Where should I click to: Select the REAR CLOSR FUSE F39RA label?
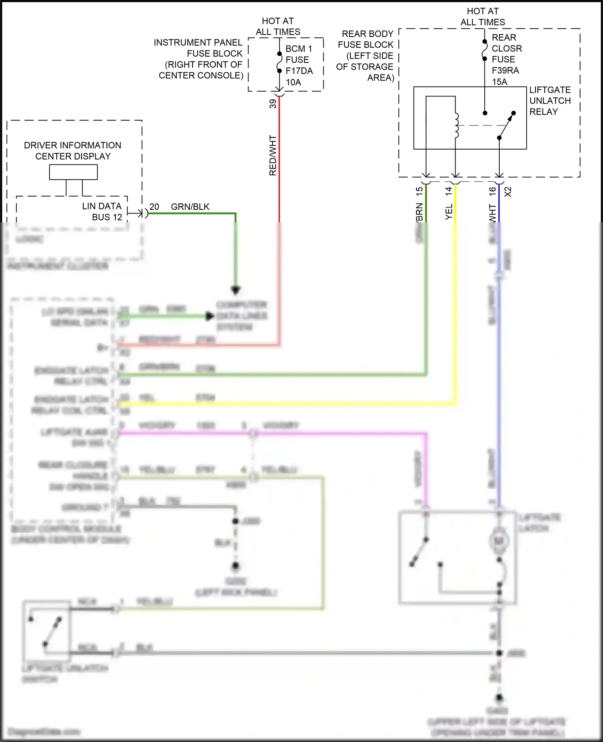[x=506, y=59]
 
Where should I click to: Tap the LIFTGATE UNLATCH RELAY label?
[x=550, y=100]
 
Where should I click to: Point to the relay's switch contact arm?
[x=506, y=125]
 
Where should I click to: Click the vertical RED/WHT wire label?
[x=273, y=155]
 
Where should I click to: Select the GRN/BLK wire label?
[x=190, y=207]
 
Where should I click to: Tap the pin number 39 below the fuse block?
[x=273, y=104]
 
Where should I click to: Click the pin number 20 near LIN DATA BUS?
[x=154, y=207]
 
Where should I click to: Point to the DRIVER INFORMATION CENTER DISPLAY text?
[x=73, y=151]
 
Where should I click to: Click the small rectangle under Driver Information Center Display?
[x=73, y=172]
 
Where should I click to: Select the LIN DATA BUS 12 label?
[x=102, y=211]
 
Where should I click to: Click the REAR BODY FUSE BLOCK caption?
[x=365, y=55]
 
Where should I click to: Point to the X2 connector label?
[x=508, y=192]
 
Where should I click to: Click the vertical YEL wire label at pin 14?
[x=449, y=211]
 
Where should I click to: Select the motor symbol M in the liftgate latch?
[x=499, y=541]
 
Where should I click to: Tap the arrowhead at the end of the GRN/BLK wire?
[x=236, y=290]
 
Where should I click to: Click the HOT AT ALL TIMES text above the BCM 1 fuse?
[x=278, y=26]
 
